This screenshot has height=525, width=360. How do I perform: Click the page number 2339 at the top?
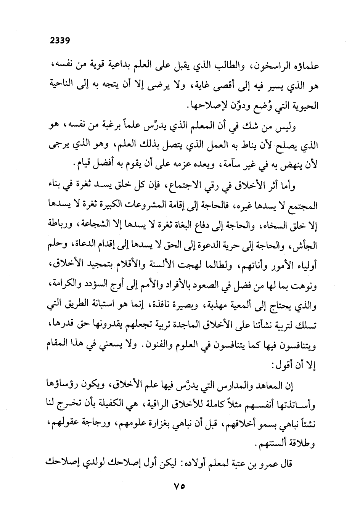(x=61, y=40)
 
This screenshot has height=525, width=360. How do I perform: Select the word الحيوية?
(x=305, y=104)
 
